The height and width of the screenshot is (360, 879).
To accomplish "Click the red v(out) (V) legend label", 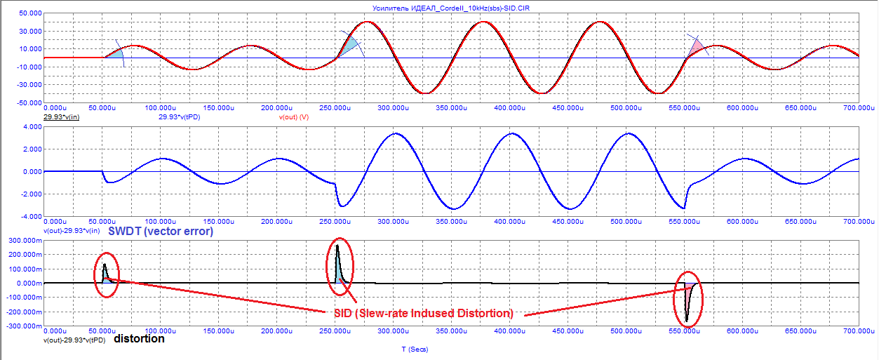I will tap(294, 117).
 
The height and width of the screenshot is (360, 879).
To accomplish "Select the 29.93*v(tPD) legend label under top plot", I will tap(184, 117).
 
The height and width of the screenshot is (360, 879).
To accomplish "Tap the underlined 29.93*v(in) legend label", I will tap(61, 117).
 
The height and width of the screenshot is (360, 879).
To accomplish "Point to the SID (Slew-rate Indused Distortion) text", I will tap(421, 313).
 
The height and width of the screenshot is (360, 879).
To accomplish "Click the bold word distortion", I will tap(139, 339).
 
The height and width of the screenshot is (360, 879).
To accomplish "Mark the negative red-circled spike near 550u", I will tap(687, 302).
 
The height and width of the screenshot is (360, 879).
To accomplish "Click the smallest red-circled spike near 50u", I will tap(105, 272).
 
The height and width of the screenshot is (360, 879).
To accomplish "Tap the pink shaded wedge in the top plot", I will tap(696, 48).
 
